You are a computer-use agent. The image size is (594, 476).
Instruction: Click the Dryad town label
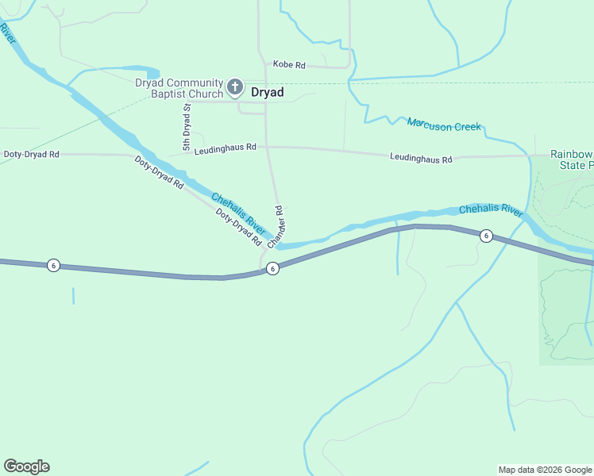268,92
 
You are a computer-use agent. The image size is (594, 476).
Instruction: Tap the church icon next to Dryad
235,86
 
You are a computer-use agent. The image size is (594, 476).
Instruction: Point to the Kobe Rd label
289,64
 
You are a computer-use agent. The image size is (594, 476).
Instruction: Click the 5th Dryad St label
187,127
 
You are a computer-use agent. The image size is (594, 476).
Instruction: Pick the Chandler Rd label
276,227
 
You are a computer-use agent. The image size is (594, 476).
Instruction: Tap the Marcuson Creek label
444,125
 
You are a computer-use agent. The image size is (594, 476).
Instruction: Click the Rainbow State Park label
572,159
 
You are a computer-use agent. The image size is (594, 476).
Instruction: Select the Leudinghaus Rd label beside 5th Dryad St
225,147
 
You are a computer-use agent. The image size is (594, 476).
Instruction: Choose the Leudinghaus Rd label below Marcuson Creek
421,158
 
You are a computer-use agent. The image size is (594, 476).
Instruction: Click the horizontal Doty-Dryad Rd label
32,154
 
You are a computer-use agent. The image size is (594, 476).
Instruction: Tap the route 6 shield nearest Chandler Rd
272,269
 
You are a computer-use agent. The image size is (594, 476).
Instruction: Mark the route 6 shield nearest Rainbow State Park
486,236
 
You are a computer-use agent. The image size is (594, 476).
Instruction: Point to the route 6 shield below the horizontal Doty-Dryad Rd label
52,265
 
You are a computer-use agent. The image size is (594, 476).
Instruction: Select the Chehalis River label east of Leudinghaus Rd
490,210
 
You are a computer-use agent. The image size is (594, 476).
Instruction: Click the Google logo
26,466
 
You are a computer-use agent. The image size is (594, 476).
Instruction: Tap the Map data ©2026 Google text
546,470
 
